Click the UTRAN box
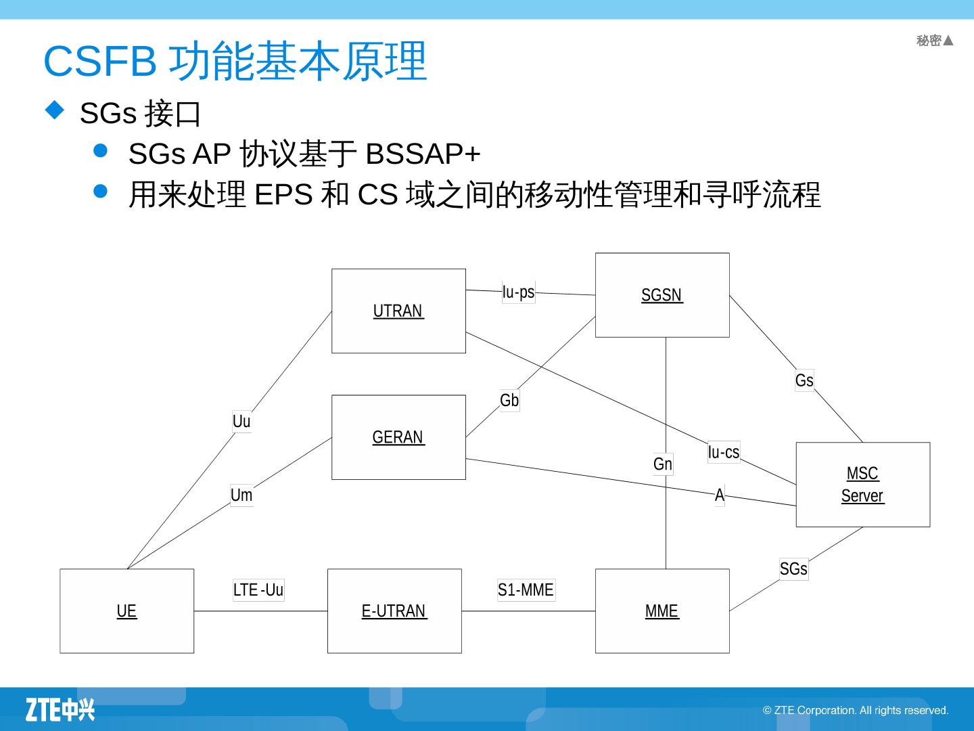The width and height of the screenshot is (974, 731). click(398, 311)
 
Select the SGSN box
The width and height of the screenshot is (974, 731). click(662, 295)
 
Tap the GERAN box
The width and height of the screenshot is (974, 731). click(398, 437)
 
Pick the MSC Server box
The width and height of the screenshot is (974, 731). click(862, 485)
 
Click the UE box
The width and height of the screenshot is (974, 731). click(126, 611)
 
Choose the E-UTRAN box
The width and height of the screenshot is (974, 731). click(394, 611)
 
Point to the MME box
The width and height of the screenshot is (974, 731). click(662, 611)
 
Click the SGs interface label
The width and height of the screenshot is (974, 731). click(793, 569)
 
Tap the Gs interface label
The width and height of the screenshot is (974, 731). click(804, 380)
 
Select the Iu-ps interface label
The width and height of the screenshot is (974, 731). click(518, 292)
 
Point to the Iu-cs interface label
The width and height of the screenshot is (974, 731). click(724, 451)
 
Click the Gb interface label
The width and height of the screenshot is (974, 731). click(509, 400)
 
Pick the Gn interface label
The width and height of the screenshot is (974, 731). click(663, 464)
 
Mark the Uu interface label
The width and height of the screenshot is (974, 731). click(241, 421)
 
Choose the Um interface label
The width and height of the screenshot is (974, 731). click(241, 495)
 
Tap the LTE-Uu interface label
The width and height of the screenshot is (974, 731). click(258, 590)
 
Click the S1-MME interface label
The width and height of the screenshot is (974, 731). click(526, 590)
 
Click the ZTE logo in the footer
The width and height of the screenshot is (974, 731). click(60, 709)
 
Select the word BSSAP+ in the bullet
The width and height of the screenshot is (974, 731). click(423, 154)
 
